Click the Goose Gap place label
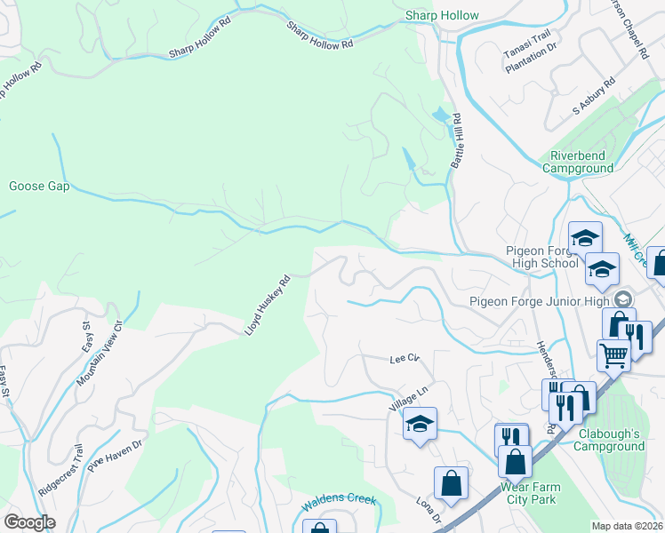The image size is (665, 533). [39, 187]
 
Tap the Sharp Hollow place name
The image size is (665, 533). [442, 15]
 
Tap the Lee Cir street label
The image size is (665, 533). [404, 359]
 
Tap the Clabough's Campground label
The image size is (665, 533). [609, 440]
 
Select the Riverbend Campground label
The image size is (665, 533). [578, 162]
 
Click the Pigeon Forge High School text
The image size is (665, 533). [541, 257]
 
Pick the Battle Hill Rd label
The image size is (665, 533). [459, 141]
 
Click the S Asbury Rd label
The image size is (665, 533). [594, 97]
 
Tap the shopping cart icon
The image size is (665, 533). [613, 355]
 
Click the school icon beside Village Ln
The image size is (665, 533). [421, 424]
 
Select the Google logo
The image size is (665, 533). [30, 521]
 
